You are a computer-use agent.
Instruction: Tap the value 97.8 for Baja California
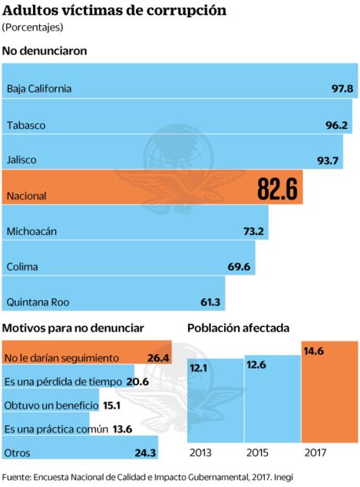342,89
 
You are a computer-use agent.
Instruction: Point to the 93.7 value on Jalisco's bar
327,161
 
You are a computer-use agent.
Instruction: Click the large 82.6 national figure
277,189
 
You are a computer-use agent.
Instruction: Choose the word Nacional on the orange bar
26,196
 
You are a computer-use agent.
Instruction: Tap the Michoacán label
31,232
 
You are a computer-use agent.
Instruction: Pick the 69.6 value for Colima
239,267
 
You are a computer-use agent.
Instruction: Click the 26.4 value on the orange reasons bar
158,358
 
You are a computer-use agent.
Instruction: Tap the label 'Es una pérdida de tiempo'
62,382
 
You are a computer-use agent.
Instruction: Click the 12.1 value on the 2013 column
198,368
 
